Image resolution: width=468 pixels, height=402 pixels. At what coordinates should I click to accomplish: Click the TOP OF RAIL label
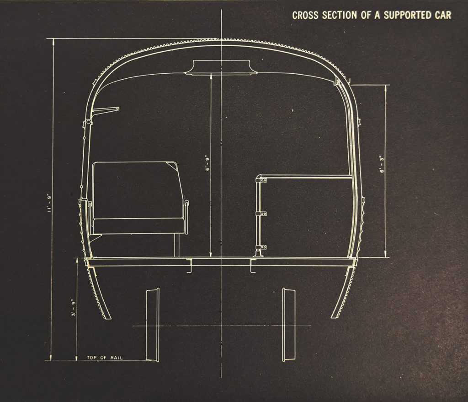105,357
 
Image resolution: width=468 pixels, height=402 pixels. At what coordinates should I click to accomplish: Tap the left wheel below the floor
152,324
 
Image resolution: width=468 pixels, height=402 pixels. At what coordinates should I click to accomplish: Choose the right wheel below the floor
289,324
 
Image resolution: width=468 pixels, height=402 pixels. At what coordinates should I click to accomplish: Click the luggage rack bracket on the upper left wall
105,110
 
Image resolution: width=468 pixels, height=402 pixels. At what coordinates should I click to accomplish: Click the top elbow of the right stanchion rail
261,178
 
